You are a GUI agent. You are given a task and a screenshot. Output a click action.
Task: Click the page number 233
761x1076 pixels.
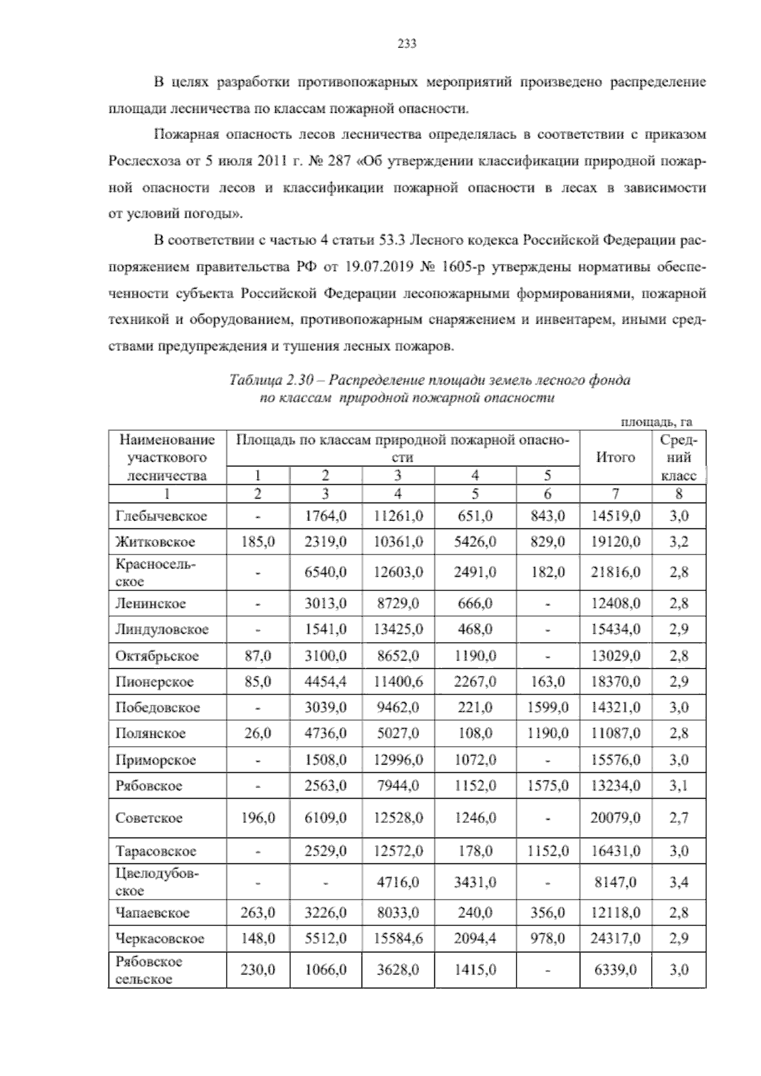406,44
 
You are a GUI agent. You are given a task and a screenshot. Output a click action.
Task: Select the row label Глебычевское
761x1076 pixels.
161,516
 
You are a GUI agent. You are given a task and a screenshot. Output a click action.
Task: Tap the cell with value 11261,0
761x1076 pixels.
398,516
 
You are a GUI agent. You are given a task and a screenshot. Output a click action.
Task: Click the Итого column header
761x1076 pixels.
615,457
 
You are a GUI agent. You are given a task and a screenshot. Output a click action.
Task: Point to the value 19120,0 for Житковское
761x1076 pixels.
615,542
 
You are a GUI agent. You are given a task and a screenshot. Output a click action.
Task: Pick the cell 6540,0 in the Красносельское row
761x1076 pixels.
325,572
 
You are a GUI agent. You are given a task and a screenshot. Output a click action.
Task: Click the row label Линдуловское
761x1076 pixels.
162,629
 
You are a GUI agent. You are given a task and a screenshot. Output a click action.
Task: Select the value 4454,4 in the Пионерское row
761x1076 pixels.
325,682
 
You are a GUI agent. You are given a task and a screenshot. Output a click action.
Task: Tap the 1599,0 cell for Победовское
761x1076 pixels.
547,707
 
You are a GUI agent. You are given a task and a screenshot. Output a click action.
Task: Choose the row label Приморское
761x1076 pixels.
156,760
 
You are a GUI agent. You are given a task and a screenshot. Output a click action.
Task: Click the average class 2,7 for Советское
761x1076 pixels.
679,818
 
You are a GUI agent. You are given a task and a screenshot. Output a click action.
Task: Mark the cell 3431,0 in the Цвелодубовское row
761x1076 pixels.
475,882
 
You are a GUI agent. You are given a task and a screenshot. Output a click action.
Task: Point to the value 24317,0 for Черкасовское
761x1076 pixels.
615,938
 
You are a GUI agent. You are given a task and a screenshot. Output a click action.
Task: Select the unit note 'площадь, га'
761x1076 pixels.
656,421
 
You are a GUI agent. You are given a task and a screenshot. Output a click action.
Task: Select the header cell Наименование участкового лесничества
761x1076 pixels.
167,457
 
